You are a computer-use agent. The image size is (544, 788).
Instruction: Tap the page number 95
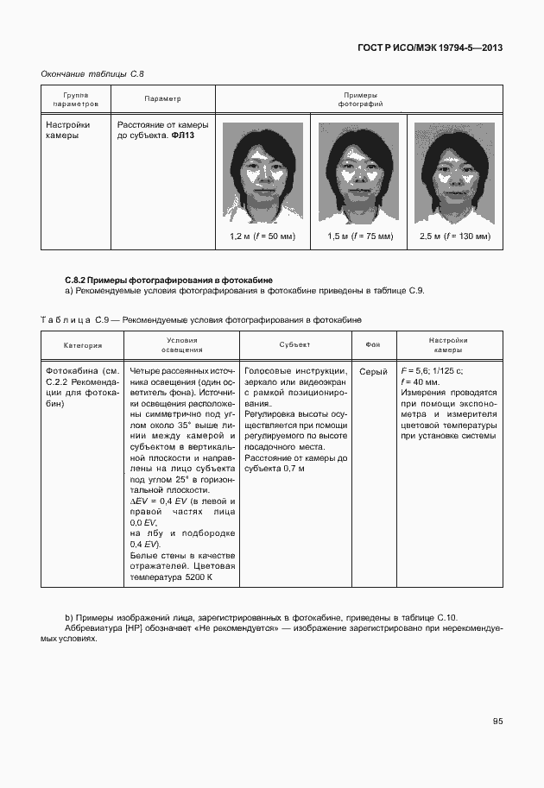(498, 722)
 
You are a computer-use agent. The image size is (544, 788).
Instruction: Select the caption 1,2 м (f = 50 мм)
(263, 236)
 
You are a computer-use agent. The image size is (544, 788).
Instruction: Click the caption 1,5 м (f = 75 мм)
(359, 236)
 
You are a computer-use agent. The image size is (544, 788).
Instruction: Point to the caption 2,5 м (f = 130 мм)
(454, 236)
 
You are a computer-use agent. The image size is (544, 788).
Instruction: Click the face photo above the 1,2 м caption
(263, 172)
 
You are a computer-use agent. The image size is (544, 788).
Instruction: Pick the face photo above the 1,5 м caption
(358, 172)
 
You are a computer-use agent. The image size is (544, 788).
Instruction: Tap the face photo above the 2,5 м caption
(454, 172)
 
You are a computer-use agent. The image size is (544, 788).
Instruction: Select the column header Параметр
(162, 99)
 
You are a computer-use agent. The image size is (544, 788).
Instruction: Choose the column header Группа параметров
(75, 99)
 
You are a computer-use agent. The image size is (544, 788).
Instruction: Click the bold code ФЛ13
(183, 136)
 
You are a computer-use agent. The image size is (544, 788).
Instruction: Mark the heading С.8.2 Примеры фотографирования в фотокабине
(169, 280)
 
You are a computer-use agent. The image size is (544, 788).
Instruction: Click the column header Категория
(83, 345)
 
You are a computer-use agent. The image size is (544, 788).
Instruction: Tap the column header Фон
(373, 345)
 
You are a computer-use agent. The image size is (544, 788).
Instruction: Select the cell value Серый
(373, 371)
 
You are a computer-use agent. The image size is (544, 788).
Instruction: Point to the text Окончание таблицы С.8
(92, 74)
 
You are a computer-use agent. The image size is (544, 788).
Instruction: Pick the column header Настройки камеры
(448, 345)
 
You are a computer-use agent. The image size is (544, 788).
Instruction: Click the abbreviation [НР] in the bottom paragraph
(133, 629)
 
